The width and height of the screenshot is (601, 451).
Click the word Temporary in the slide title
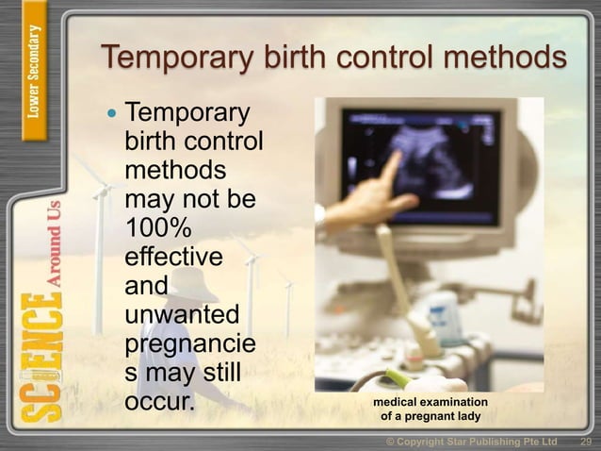tap(173, 58)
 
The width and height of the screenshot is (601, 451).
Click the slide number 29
tap(585, 442)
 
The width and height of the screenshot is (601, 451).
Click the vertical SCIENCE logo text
tap(37, 359)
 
